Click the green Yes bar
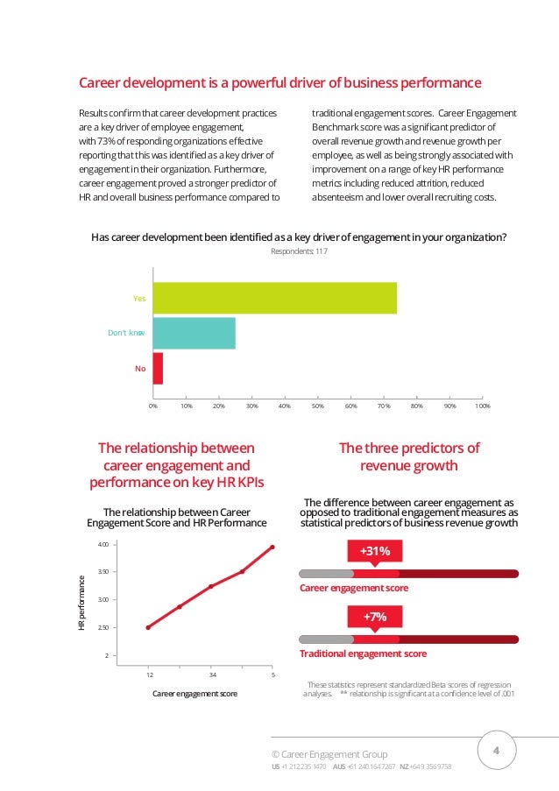pyautogui.click(x=274, y=298)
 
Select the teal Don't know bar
pyautogui.click(x=194, y=333)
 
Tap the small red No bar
pyautogui.click(x=158, y=368)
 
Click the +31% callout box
pyautogui.click(x=375, y=550)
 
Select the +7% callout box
pyautogui.click(x=375, y=618)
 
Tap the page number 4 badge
pyautogui.click(x=497, y=751)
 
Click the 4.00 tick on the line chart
pyautogui.click(x=103, y=545)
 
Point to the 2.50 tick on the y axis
pyautogui.click(x=103, y=628)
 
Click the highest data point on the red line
pyautogui.click(x=272, y=547)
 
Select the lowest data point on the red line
pyautogui.click(x=148, y=627)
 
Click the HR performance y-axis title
pyautogui.click(x=81, y=602)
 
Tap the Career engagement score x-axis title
pyautogui.click(x=195, y=694)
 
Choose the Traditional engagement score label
pyautogui.click(x=363, y=653)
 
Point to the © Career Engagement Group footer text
pyautogui.click(x=330, y=754)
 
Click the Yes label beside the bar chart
pyautogui.click(x=138, y=299)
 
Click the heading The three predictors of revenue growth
pyautogui.click(x=409, y=456)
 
